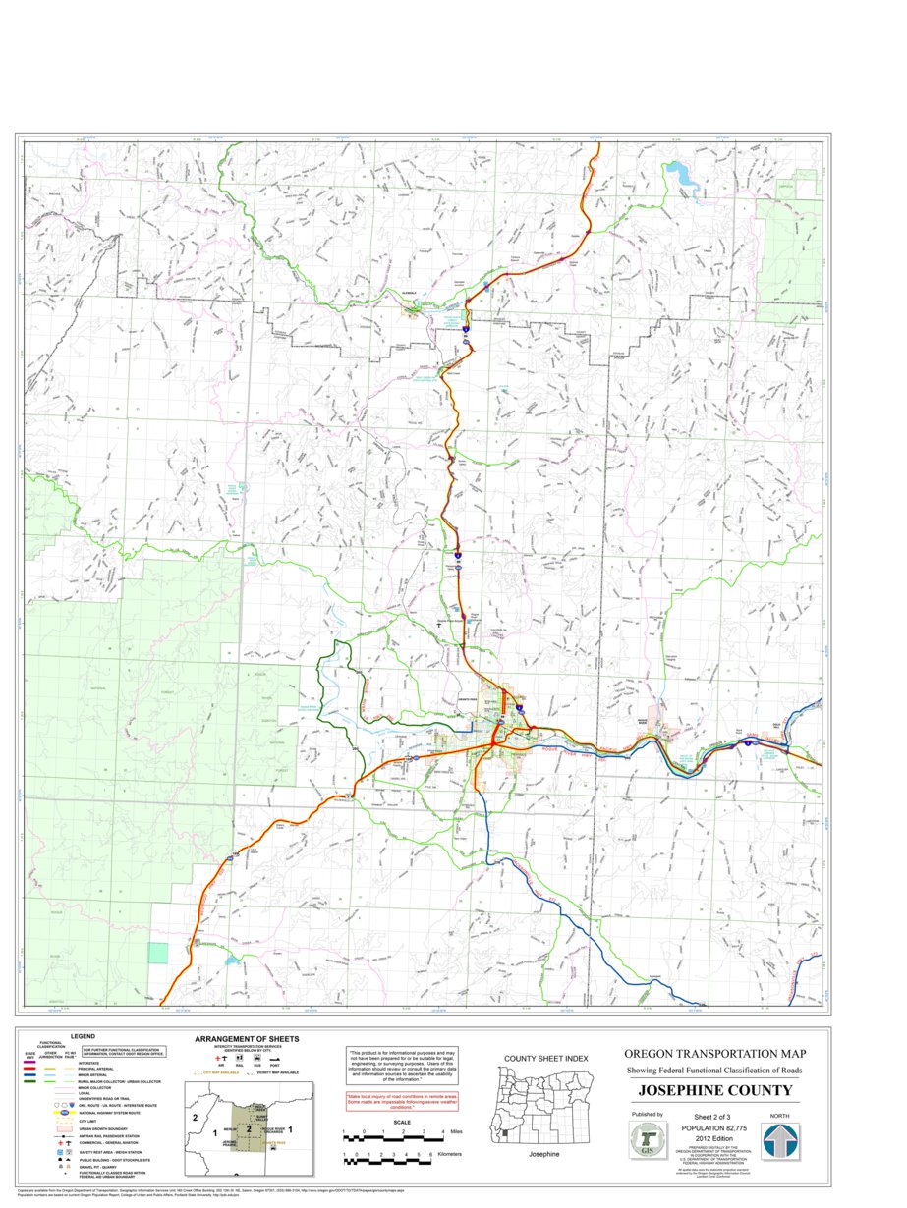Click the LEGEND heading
pos(83,1036)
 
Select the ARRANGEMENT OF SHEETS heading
pos(247,1038)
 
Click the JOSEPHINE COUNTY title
pos(714,1090)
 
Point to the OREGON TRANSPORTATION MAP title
pos(714,1053)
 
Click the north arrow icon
pos(781,1141)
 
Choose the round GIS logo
pos(646,1140)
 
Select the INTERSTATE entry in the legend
pos(89,1063)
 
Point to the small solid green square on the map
pos(158,952)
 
